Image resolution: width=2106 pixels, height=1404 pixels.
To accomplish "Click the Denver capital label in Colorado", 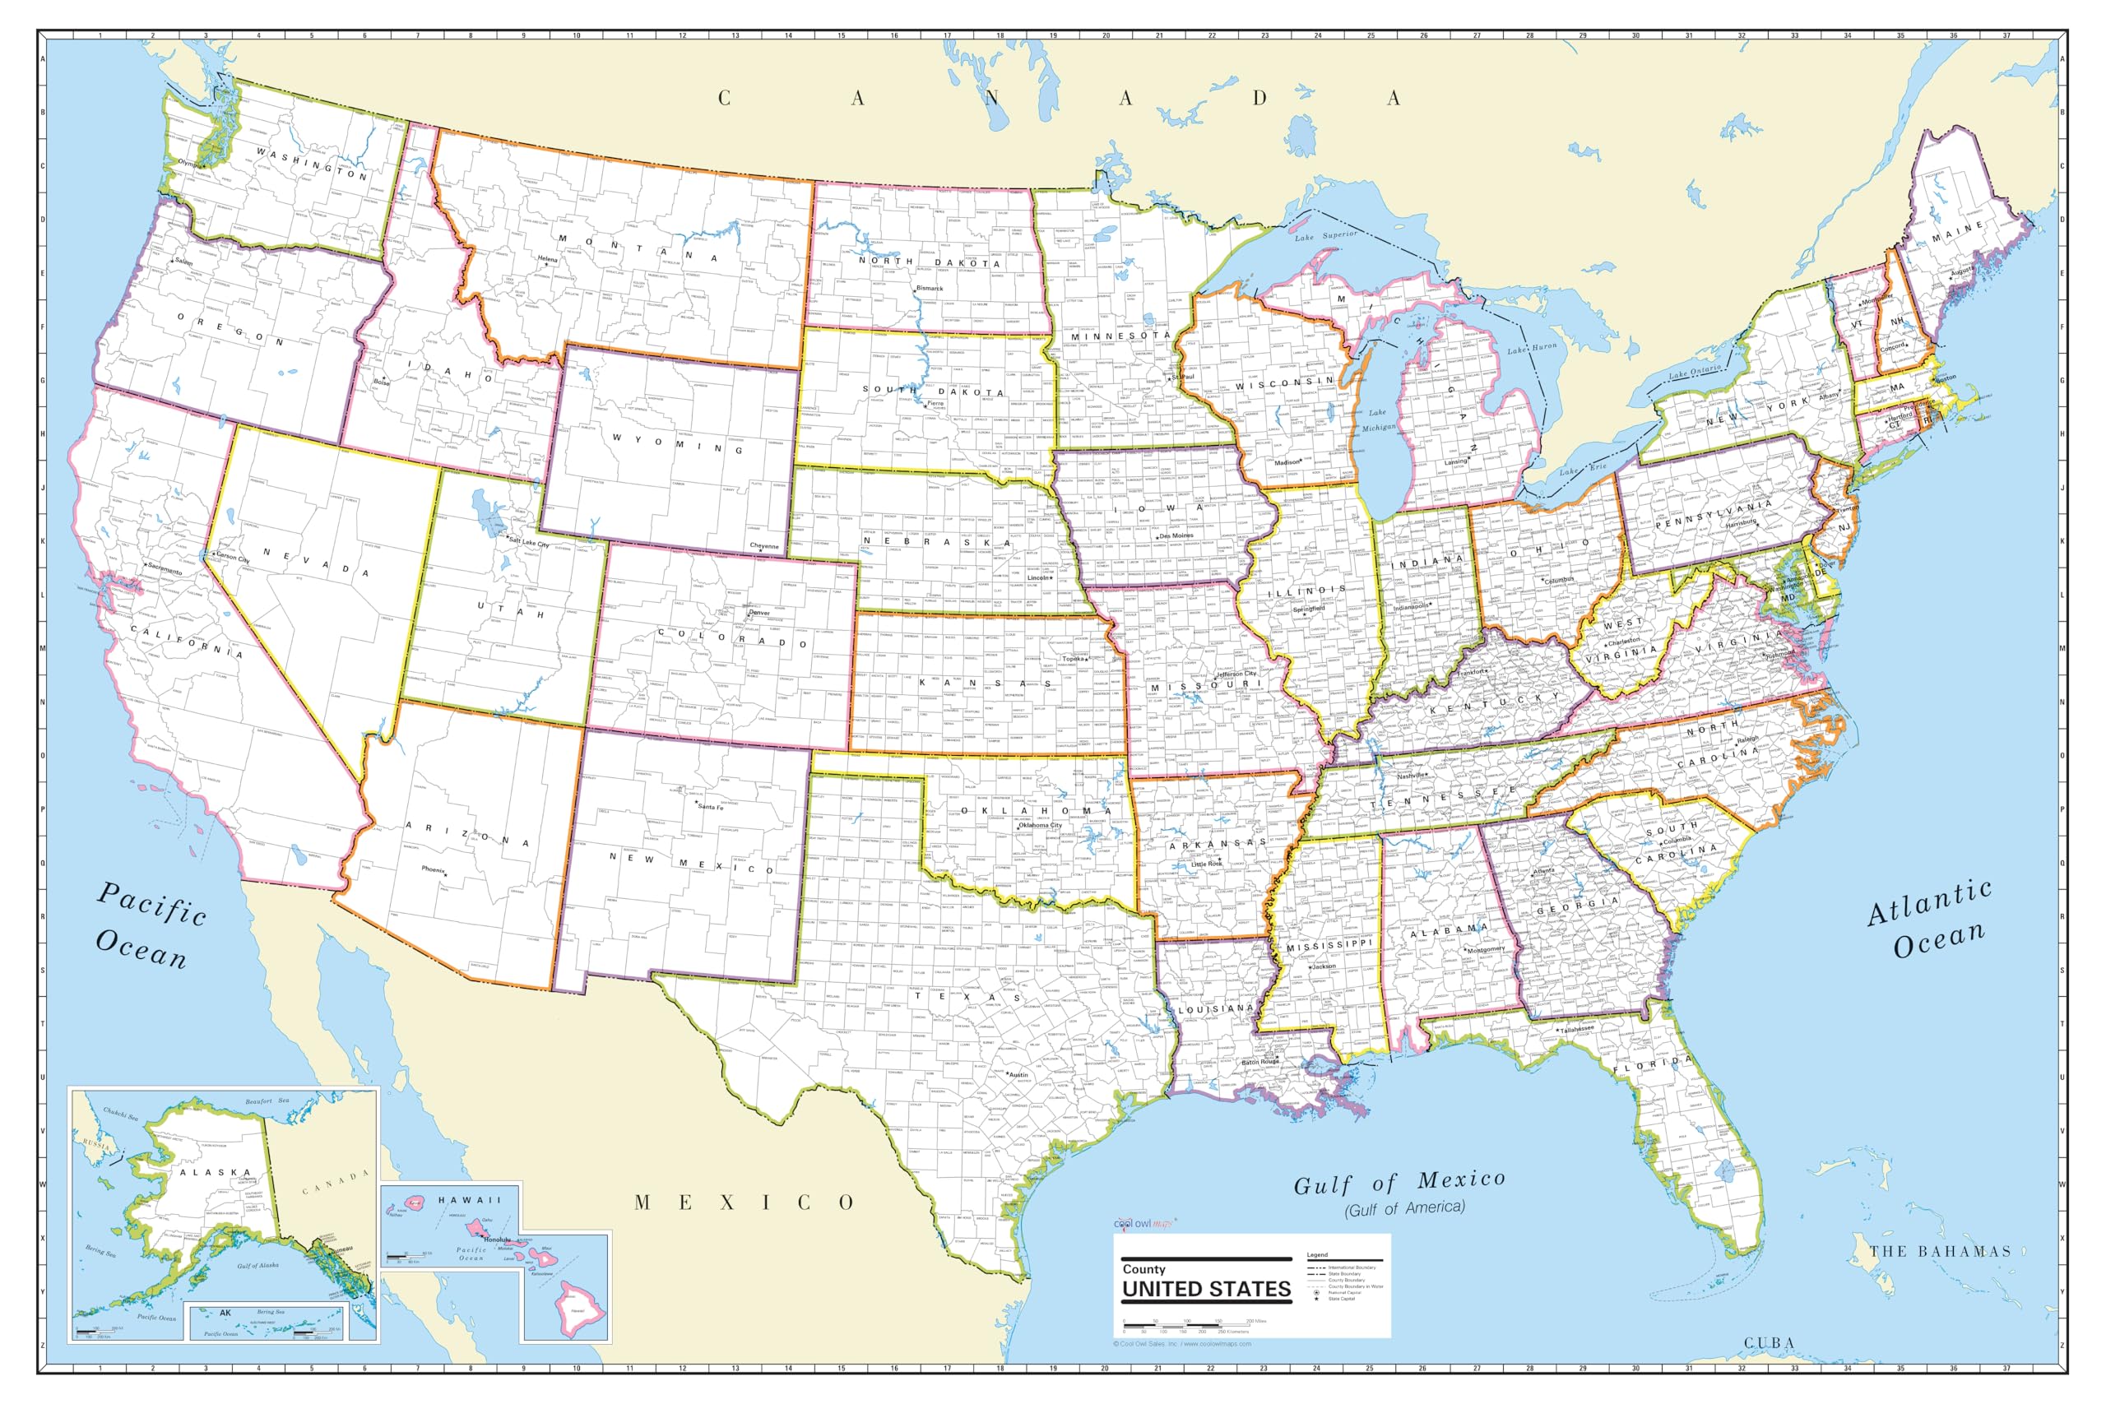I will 759,614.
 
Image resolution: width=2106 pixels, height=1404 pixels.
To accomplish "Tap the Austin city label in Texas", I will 1019,1074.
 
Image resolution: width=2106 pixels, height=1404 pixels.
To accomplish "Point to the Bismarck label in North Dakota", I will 930,289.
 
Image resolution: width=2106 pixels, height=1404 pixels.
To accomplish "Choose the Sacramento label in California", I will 165,568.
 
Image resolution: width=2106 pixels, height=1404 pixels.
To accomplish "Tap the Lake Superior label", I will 1325,235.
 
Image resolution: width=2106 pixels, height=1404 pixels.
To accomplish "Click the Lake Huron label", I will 1532,347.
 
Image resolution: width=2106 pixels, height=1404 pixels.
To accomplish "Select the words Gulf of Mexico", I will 1399,1182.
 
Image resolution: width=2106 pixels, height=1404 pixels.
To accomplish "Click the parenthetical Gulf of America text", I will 1404,1208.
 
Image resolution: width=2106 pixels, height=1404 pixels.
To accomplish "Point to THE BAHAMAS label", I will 1940,1251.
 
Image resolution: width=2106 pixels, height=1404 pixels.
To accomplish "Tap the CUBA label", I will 1769,1343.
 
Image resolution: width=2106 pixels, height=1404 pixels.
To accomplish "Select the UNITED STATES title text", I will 1206,1290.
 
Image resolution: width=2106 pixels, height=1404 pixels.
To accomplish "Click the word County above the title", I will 1143,1269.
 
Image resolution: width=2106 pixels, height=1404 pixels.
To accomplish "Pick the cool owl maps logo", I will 1144,1223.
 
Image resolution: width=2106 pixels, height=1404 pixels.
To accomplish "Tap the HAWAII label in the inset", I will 469,1200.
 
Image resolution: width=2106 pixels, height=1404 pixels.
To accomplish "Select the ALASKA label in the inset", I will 215,1172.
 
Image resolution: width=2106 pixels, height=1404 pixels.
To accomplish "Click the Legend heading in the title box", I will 1317,1254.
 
